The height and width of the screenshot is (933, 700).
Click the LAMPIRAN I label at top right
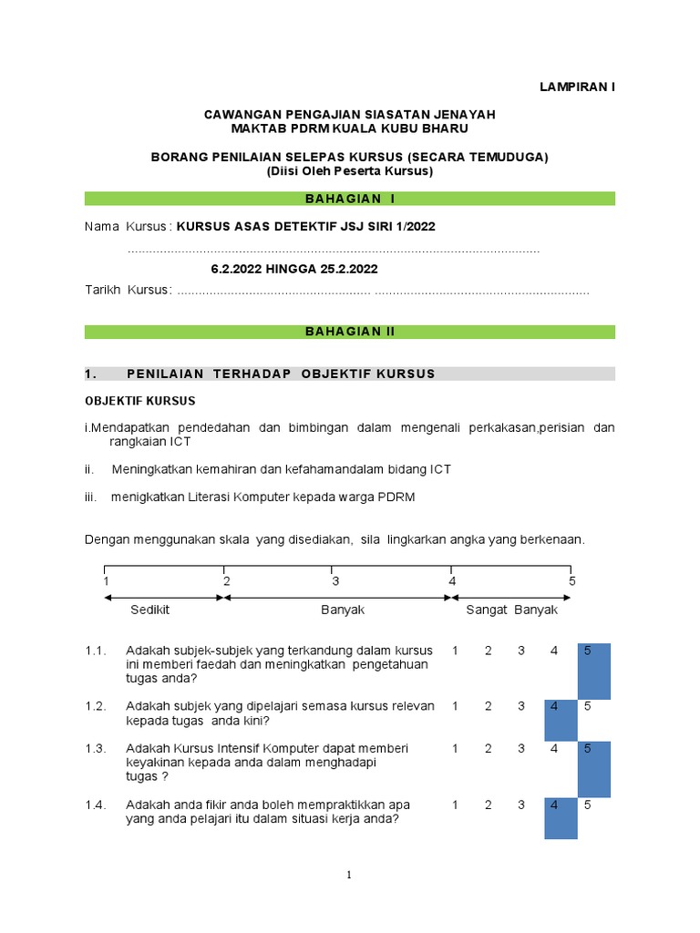[577, 87]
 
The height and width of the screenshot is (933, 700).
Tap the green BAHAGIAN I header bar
[350, 199]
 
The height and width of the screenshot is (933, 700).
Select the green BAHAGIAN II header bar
[350, 332]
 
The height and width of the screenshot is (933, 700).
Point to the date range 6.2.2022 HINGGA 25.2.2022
[293, 269]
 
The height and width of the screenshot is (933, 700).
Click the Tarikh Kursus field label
[128, 290]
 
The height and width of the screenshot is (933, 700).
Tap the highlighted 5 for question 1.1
[593, 671]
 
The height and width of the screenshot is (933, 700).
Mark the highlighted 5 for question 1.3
[593, 768]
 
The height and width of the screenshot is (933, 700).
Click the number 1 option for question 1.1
[455, 651]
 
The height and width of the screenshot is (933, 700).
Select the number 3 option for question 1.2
[521, 706]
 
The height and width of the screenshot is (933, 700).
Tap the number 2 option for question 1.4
[489, 805]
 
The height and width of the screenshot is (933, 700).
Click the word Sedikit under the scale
[149, 610]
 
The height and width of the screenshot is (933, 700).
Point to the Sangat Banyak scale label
[511, 610]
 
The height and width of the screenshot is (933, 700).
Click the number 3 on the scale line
[335, 581]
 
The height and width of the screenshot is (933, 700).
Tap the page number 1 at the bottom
[349, 876]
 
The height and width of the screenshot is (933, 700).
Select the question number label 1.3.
[96, 748]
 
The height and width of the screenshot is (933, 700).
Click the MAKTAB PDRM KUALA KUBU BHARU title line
[349, 128]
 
